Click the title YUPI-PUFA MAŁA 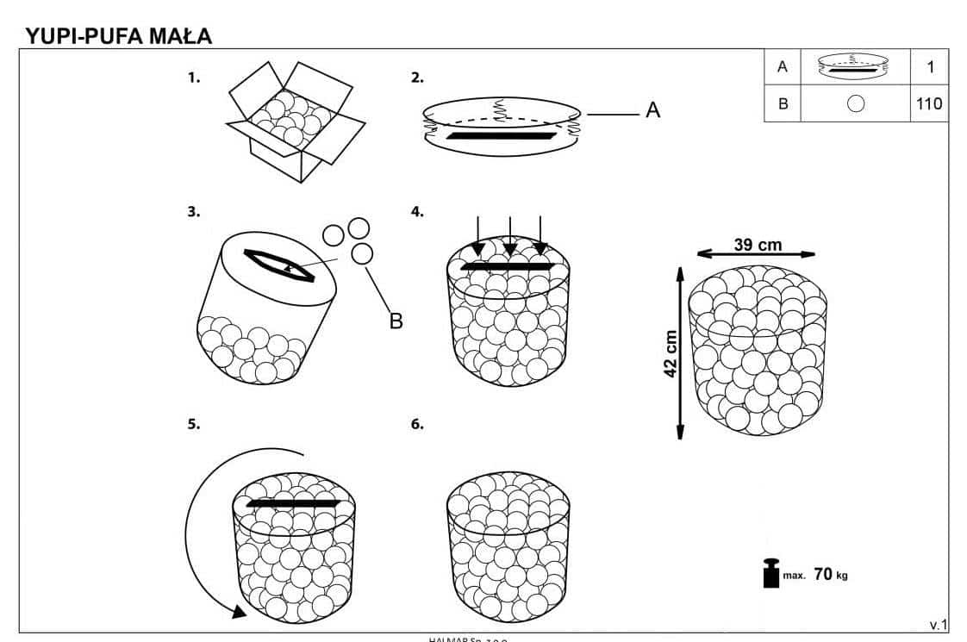[x=119, y=36]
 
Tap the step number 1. [x=194, y=78]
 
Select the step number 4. [x=417, y=211]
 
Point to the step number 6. [x=417, y=424]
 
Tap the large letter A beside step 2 [x=652, y=110]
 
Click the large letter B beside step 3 [x=396, y=321]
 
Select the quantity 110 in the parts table [x=929, y=104]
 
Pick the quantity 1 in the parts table [x=930, y=66]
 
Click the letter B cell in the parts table [x=783, y=104]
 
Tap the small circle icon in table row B [x=855, y=104]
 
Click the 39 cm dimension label [x=758, y=245]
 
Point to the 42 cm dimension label [x=672, y=353]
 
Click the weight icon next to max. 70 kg [x=770, y=574]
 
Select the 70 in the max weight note [x=822, y=574]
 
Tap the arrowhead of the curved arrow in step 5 [x=236, y=611]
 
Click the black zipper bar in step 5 [x=294, y=503]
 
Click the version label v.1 [x=938, y=624]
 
